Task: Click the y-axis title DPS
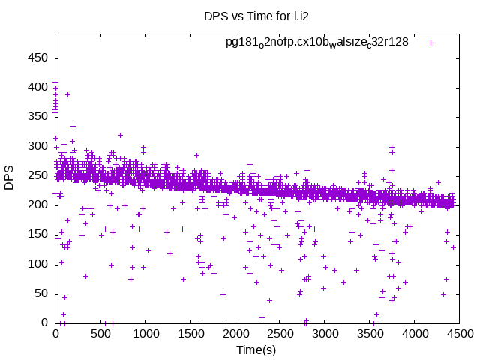(x=10, y=178)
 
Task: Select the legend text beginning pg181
(x=317, y=42)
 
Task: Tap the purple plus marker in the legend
(x=430, y=43)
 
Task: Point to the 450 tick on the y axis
(x=38, y=58)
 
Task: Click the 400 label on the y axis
(x=38, y=87)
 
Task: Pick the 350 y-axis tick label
(x=38, y=116)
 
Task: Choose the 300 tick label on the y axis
(x=38, y=145)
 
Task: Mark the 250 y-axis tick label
(x=38, y=175)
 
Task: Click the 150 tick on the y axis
(x=38, y=234)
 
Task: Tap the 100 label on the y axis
(x=38, y=264)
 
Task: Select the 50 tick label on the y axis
(x=41, y=293)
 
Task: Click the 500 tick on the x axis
(x=100, y=334)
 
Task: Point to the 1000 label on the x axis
(x=145, y=334)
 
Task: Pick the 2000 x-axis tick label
(x=235, y=334)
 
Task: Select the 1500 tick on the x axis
(x=190, y=334)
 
